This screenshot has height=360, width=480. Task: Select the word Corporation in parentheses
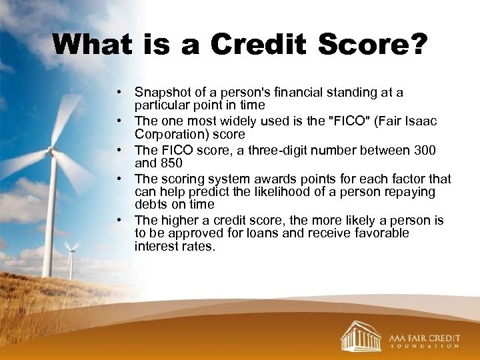tap(167, 134)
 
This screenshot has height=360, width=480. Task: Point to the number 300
tap(423, 150)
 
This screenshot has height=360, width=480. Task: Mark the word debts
tap(151, 205)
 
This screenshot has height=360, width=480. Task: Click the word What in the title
tap(93, 45)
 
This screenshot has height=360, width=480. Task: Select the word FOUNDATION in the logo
tap(424, 347)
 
